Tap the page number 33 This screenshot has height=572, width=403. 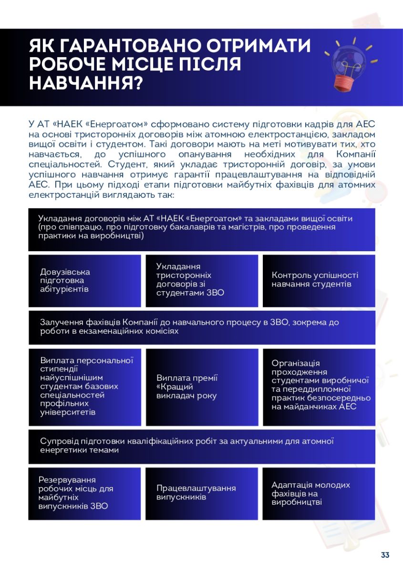pyautogui.click(x=385, y=555)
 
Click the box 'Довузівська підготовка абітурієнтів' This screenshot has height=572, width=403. pyautogui.click(x=85, y=281)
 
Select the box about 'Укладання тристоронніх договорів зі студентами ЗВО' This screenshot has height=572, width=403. pyautogui.click(x=202, y=281)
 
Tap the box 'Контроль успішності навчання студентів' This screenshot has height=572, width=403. pyautogui.click(x=319, y=281)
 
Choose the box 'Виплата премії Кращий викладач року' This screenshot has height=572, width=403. pyautogui.click(x=202, y=387)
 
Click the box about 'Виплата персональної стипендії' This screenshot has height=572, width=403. pyautogui.click(x=85, y=387)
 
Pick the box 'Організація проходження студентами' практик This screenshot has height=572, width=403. pyautogui.click(x=319, y=387)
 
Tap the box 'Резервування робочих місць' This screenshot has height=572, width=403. pyautogui.click(x=85, y=493)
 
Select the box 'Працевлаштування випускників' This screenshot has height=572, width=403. pyautogui.click(x=202, y=493)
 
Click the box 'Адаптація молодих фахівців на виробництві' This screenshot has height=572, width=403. pyautogui.click(x=319, y=493)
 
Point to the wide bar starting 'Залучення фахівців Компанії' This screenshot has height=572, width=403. pyautogui.click(x=202, y=327)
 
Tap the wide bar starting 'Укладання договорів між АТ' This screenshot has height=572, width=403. pyautogui.click(x=202, y=229)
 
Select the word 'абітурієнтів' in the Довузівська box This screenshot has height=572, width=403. pyautogui.click(x=64, y=289)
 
